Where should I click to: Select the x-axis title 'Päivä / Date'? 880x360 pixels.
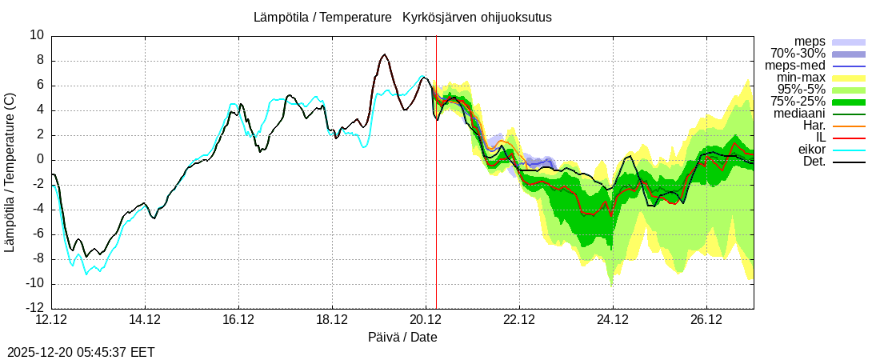tap(402, 337)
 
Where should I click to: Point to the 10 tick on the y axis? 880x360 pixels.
tap(37, 35)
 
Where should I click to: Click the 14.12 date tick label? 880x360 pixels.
tap(145, 320)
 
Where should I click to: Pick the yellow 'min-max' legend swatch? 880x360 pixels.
tap(849, 78)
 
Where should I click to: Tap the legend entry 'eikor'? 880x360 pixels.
tap(811, 150)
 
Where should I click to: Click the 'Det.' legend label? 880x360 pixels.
tap(814, 162)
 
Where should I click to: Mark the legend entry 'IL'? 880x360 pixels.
tap(819, 138)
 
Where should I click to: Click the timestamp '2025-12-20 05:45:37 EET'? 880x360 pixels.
tap(81, 352)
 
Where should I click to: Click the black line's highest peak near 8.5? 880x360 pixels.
tap(385, 54)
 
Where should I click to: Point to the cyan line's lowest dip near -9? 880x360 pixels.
tap(86, 274)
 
